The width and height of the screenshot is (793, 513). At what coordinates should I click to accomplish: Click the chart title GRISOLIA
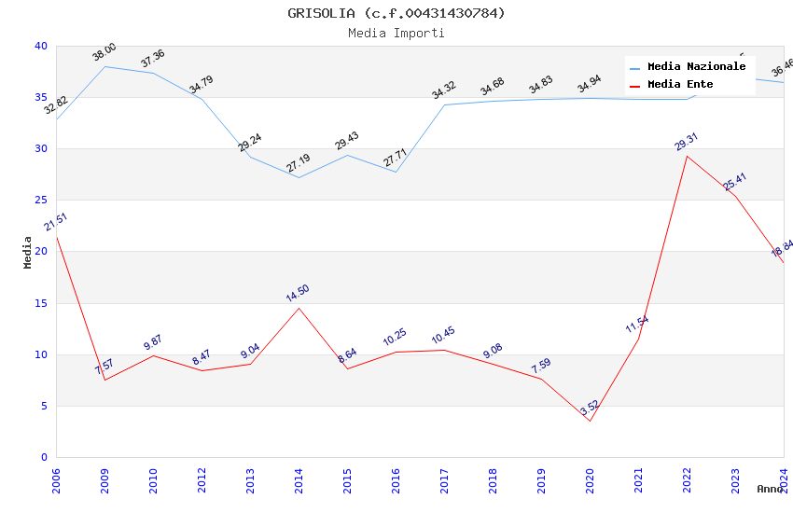coord(396,13)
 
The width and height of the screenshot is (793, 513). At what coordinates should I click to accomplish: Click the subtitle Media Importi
coord(396,33)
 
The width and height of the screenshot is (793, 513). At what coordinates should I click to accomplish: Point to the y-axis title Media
coord(27,252)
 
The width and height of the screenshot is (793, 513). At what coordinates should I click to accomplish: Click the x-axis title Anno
coord(770,489)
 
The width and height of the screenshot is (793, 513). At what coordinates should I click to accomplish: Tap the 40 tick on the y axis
coord(40,47)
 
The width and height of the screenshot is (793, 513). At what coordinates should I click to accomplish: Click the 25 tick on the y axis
coord(40,201)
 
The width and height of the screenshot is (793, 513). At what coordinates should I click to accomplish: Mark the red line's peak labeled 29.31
coord(687,156)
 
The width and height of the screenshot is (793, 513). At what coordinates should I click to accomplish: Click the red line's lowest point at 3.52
coord(590,421)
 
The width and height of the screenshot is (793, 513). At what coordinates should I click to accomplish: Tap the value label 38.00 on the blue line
coord(104,52)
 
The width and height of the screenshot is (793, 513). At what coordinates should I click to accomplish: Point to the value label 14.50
coord(298,293)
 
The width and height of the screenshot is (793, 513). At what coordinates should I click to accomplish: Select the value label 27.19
coord(299,163)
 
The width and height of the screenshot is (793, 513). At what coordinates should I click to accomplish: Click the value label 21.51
coord(56,222)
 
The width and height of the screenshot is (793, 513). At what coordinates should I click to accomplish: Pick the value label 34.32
coord(444,90)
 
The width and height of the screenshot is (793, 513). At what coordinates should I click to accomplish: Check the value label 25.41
coord(735,182)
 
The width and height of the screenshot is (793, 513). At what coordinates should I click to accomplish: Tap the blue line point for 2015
coord(347,155)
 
